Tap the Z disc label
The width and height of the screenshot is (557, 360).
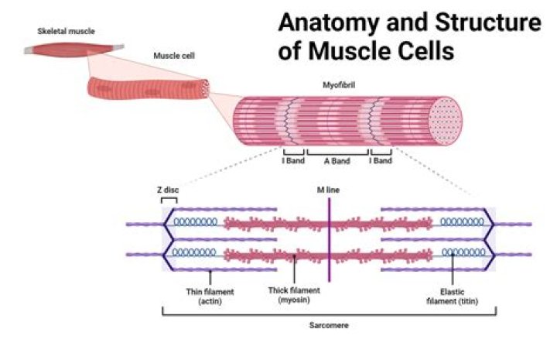pos(167,188)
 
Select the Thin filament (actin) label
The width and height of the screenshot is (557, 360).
pos(210,295)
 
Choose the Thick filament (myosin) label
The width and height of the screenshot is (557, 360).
pos(294,295)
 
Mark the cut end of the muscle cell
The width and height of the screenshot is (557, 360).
pos(205,87)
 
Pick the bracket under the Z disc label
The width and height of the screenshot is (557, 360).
pos(168,199)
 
